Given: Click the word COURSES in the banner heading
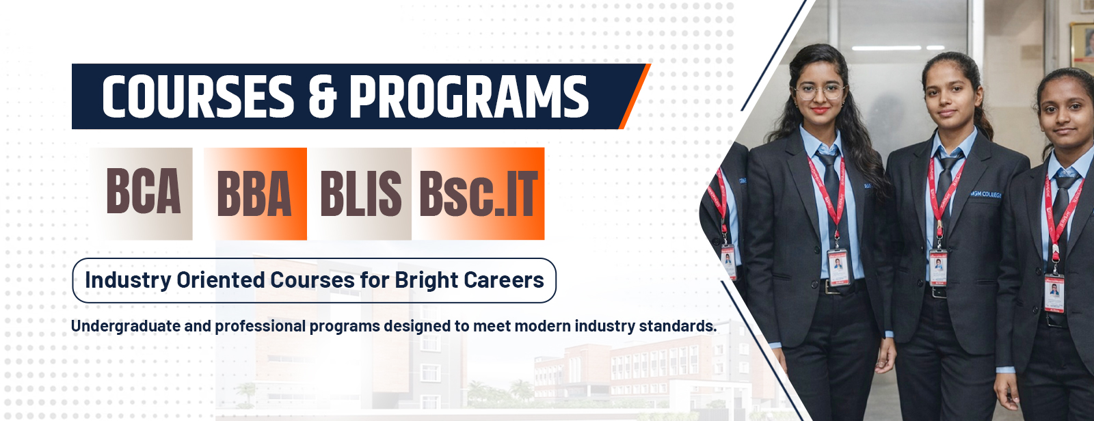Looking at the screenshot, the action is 198,96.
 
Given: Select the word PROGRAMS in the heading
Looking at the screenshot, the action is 469,96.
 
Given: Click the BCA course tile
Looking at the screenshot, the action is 142,193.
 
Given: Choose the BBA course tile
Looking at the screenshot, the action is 256,193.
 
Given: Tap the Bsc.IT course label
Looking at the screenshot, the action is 479,194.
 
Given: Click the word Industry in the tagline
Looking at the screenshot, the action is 129,280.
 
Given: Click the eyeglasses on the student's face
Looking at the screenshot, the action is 819,92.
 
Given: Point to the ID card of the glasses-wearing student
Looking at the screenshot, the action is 838,267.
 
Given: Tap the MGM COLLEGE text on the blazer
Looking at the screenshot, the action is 985,194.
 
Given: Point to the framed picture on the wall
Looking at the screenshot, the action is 1082,45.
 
